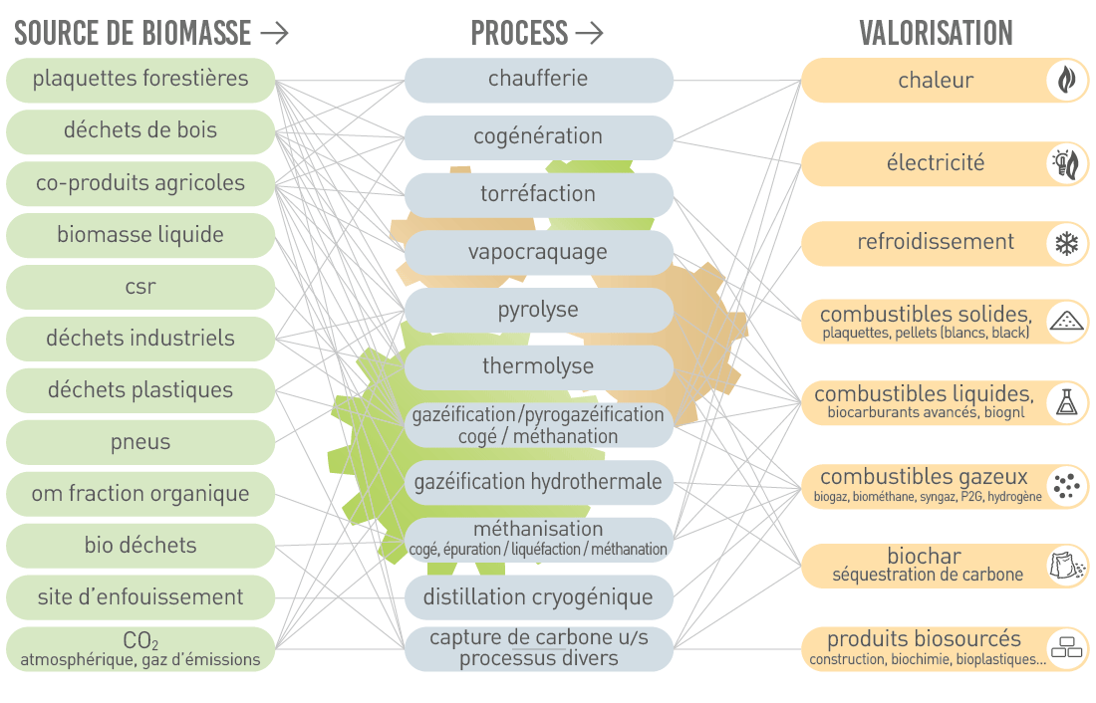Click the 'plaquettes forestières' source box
[x=140, y=80]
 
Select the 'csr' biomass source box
[x=140, y=287]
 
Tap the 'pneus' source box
[x=140, y=442]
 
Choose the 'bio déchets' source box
[x=140, y=545]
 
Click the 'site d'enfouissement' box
[x=140, y=596]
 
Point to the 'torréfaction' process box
[x=538, y=194]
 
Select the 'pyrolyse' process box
[x=538, y=310]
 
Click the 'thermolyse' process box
[x=538, y=366]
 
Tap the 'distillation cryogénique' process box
[x=538, y=597]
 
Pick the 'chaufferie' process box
[x=538, y=80]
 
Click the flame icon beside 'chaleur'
[x=1067, y=80]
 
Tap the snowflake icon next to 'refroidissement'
[x=1067, y=244]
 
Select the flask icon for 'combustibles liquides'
[x=1067, y=402]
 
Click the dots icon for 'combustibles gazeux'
[x=1067, y=486]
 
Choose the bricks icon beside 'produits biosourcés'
[x=1067, y=648]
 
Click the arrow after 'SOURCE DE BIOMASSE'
[x=274, y=33]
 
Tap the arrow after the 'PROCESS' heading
[x=589, y=33]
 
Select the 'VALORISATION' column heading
[x=936, y=33]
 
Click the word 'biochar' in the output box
[x=924, y=557]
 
